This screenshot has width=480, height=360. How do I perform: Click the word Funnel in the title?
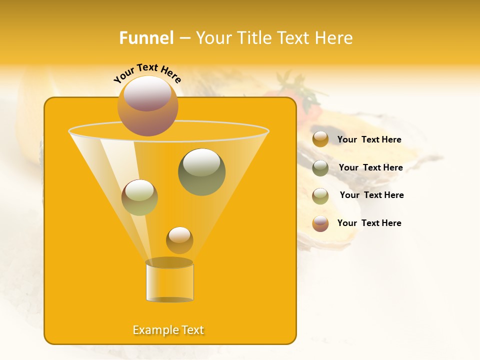pos(146,38)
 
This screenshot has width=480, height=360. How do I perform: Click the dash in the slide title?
pos(184,38)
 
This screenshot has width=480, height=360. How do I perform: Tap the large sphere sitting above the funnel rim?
pos(147,106)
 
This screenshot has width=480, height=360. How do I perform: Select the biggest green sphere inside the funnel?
pos(201,172)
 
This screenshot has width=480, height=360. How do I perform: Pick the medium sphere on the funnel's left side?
pos(139,197)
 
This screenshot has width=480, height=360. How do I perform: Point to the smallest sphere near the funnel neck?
pos(179,240)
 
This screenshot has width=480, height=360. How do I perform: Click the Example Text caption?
pos(168,330)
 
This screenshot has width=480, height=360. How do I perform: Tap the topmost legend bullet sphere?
pos(320,139)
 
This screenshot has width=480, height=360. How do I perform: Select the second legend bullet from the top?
pos(320,167)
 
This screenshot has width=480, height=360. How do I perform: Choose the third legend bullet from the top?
pos(320,195)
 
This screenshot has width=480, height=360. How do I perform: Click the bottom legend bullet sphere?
pos(320,223)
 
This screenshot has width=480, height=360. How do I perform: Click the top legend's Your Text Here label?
pos(369,139)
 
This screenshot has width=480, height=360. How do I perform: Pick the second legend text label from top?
pos(370,167)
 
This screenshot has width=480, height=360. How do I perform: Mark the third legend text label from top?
pos(371,195)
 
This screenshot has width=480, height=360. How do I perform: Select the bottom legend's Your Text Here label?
pos(369,223)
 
